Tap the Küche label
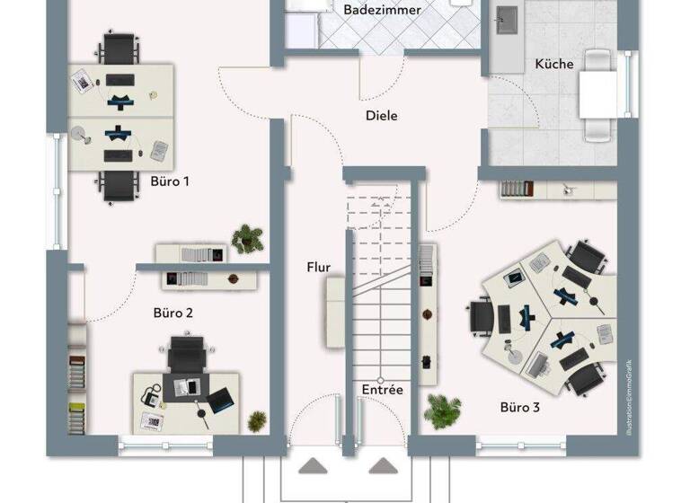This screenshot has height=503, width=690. [553, 64]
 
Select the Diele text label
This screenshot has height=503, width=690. [381, 116]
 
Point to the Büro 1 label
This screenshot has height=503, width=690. [170, 181]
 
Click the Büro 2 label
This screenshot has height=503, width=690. [172, 313]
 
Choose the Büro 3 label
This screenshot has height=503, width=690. [519, 408]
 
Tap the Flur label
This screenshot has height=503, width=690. [318, 267]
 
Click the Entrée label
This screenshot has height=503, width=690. [382, 390]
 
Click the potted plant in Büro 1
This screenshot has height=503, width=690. [247, 238]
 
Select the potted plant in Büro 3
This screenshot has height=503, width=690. [442, 410]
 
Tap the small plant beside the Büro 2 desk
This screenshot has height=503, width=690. [258, 420]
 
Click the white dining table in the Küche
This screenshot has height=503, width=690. [597, 94]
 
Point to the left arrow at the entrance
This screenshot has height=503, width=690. [314, 466]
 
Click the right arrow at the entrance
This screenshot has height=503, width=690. [383, 466]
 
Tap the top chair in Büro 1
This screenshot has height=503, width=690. [119, 47]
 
